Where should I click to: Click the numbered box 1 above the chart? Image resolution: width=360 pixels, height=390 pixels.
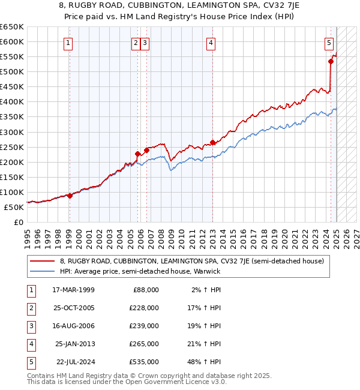coord(69,43)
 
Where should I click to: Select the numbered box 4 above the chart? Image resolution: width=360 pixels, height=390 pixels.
coord(211,43)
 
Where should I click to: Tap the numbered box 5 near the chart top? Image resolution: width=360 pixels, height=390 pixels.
coord(329,43)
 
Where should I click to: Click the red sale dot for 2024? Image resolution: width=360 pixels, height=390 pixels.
coord(331,61)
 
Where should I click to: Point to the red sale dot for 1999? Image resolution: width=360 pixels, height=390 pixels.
coord(70,196)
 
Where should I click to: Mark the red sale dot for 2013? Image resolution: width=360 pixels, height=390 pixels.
coord(212,142)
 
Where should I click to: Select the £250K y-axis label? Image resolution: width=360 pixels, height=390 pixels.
coord(12,147)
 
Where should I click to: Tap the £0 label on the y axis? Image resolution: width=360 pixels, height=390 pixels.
coord(18,222)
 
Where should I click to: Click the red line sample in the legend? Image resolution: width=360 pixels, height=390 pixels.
coord(43,261)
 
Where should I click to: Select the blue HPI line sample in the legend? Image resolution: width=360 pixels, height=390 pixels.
coord(43,271)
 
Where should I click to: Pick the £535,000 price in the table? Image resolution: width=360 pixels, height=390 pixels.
coord(144,362)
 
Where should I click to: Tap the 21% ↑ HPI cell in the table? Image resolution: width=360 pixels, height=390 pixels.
coord(204,344)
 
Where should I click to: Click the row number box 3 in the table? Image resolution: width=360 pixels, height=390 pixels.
coord(30,326)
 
